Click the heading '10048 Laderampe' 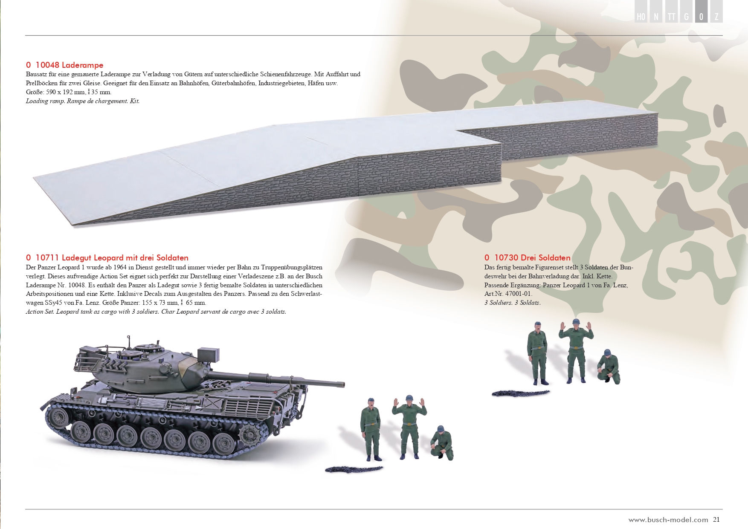tap(70, 65)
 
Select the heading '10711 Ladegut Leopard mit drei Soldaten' tap(112, 258)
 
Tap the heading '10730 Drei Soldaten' tap(532, 258)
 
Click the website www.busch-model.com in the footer tap(668, 520)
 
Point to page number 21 tap(716, 520)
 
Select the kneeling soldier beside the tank tap(443, 443)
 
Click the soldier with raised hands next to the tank tap(409, 427)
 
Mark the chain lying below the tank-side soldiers tap(354, 469)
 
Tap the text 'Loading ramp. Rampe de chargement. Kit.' tap(83, 101)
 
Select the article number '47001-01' tap(519, 294)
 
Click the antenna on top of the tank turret tap(128, 340)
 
